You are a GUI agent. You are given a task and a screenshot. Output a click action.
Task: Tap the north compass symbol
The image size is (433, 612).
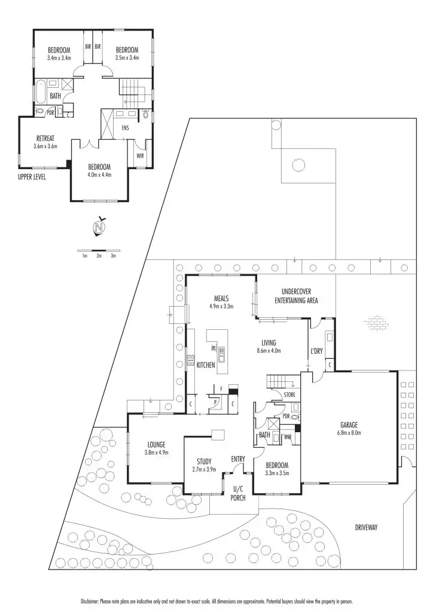(99, 228)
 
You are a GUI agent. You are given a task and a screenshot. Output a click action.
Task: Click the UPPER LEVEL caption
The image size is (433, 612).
(32, 177)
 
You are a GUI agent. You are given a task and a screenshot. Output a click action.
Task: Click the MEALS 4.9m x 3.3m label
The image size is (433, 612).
(221, 301)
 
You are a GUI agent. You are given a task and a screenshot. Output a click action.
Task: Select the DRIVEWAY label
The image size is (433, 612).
(369, 527)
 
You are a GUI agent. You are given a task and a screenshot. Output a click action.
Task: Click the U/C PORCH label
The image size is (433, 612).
(239, 492)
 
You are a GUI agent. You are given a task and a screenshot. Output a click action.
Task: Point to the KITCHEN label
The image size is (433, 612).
(205, 364)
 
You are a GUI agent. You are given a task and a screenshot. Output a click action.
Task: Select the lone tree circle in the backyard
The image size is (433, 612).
(299, 164)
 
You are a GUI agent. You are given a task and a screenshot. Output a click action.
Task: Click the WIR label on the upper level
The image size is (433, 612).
(141, 155)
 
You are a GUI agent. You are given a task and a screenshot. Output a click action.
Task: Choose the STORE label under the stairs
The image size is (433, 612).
(289, 395)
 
